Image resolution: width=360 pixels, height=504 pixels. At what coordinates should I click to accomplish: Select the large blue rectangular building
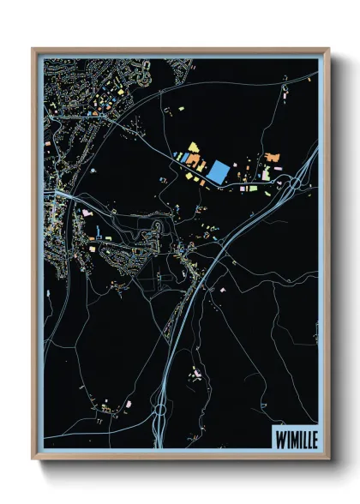click(x=218, y=171)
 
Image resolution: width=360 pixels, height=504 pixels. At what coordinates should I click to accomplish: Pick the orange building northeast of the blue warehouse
click(x=273, y=158)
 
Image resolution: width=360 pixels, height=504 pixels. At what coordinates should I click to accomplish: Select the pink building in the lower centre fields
click(x=196, y=374)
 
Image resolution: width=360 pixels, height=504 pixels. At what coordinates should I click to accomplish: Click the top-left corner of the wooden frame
click(x=33, y=49)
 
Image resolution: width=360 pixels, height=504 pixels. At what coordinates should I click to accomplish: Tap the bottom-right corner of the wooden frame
click(x=328, y=458)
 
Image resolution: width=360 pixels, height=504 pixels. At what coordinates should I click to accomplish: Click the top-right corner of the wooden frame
click(x=328, y=49)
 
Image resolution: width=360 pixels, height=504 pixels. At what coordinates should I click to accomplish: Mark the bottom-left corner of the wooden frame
click(x=33, y=458)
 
